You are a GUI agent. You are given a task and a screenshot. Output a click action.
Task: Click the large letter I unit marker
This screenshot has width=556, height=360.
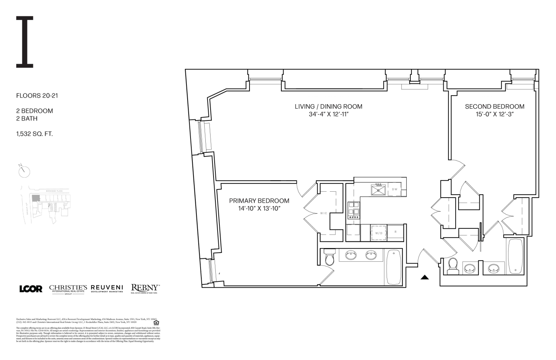[25, 42]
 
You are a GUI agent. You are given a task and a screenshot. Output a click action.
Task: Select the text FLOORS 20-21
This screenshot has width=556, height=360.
[37, 96]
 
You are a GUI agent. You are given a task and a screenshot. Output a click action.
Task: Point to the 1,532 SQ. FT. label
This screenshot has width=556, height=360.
[34, 134]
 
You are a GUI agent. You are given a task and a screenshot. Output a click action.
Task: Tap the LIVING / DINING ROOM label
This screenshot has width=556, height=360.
[328, 106]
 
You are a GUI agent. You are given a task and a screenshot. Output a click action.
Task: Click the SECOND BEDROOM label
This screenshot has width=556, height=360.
[494, 106]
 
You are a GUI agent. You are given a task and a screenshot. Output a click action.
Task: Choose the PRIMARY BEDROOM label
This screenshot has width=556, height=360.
[259, 201]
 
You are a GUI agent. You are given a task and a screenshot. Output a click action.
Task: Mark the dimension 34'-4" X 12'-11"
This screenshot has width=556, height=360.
[329, 115]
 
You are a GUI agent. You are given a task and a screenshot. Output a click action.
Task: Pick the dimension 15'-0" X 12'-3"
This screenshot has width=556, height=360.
[494, 115]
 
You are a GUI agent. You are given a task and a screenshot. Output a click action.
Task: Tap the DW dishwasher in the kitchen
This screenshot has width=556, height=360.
[394, 189]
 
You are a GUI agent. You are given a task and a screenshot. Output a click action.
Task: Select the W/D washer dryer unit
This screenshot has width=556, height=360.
[378, 233]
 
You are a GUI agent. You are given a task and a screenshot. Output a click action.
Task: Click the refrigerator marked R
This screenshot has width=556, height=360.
[396, 232]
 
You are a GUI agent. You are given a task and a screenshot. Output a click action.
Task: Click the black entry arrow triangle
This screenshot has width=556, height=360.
[425, 277]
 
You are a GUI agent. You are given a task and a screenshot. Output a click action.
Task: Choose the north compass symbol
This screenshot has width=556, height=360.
[24, 171]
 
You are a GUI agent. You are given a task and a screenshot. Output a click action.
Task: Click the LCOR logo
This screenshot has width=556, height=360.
[31, 289]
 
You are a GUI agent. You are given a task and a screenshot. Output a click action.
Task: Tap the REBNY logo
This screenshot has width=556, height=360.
[145, 288]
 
